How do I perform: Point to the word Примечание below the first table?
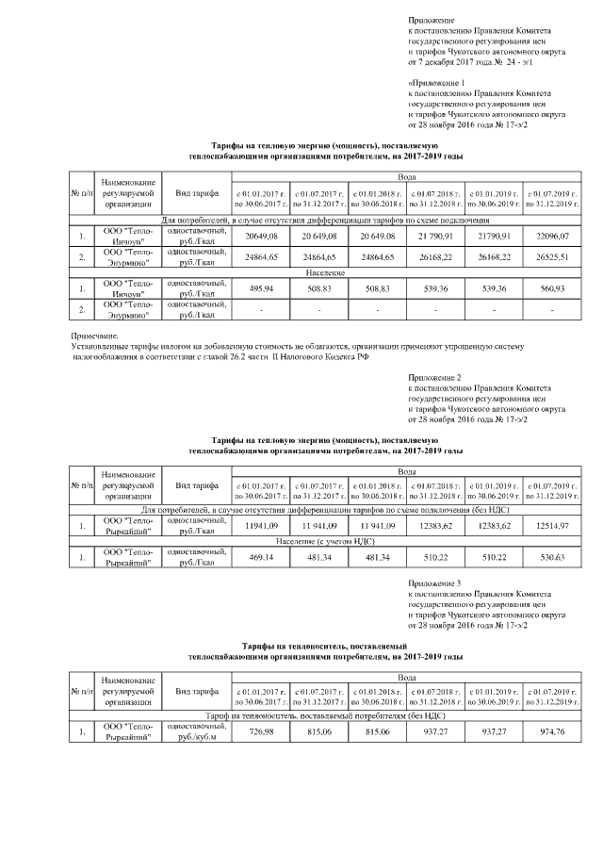[x=95, y=336]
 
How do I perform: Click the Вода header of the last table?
[x=405, y=677]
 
